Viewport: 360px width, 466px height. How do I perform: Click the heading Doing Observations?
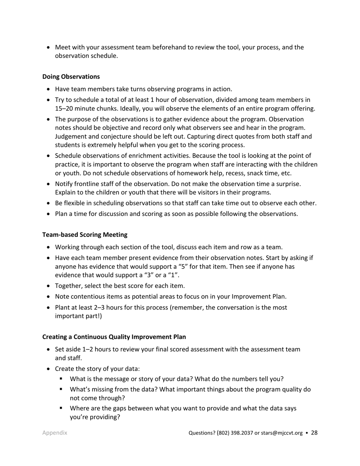pyautogui.click(x=71, y=77)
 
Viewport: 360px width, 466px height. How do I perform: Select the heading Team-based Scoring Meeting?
pyautogui.click(x=85, y=235)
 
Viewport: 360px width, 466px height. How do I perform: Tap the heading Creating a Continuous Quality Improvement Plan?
pyautogui.click(x=114, y=337)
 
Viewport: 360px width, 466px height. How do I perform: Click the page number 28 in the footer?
pyautogui.click(x=314, y=433)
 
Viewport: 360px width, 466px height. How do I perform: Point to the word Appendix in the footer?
pyautogui.click(x=55, y=433)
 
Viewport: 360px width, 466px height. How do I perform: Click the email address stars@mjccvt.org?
pyautogui.click(x=279, y=433)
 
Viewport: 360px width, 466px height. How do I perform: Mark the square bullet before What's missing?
pyautogui.click(x=61, y=389)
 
